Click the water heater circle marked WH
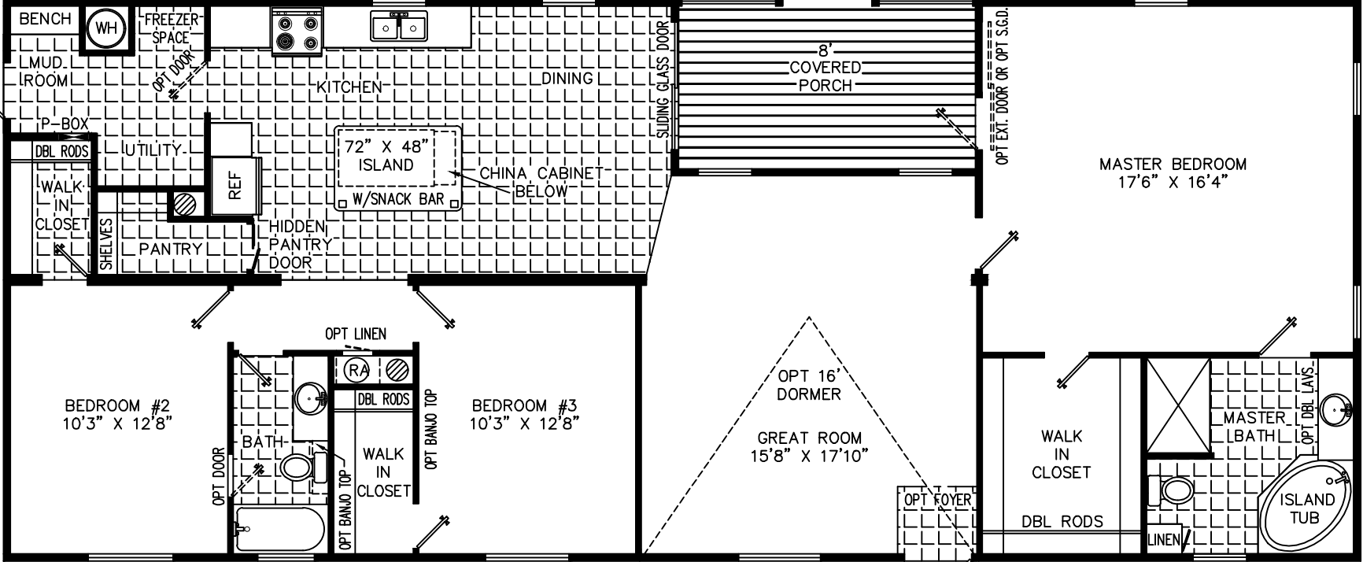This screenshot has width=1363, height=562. point(105,29)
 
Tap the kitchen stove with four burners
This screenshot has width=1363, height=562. point(297,33)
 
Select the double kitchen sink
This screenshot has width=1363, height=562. point(399,28)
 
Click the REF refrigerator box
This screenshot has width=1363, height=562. point(235,186)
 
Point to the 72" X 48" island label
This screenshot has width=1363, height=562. point(386,155)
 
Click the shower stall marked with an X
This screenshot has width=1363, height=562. point(1177,407)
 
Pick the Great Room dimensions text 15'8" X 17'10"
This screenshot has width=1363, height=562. point(809,456)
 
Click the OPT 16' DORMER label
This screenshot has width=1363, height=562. point(809,384)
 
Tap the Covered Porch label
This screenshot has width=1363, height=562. point(826,76)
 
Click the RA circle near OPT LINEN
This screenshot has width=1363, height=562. point(359,368)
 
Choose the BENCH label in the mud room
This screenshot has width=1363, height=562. point(45,19)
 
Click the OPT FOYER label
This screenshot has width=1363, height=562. point(937,500)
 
